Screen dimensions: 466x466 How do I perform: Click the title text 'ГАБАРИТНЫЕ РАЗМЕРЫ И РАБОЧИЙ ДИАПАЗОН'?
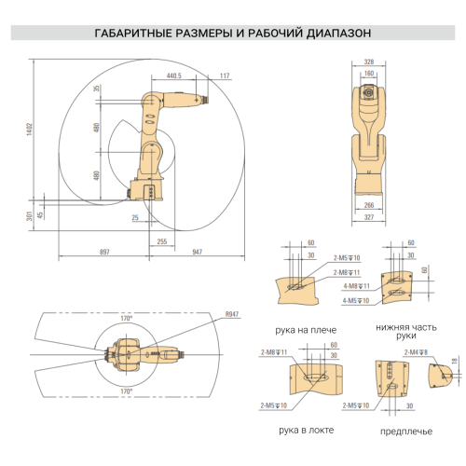[x=233, y=33]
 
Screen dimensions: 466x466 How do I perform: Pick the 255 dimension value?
[x=162, y=241]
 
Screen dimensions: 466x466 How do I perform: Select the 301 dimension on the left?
[x=29, y=216]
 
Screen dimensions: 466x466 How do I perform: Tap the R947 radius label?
[x=232, y=315]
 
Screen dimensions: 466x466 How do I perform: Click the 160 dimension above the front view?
[x=369, y=73]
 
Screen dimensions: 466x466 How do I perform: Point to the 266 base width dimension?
[x=369, y=205]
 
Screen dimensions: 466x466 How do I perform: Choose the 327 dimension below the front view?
[x=369, y=216]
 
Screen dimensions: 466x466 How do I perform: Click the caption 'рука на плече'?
[x=306, y=330]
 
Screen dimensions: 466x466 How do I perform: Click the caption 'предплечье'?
[x=398, y=432]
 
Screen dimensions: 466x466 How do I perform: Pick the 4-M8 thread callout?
[x=357, y=286]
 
